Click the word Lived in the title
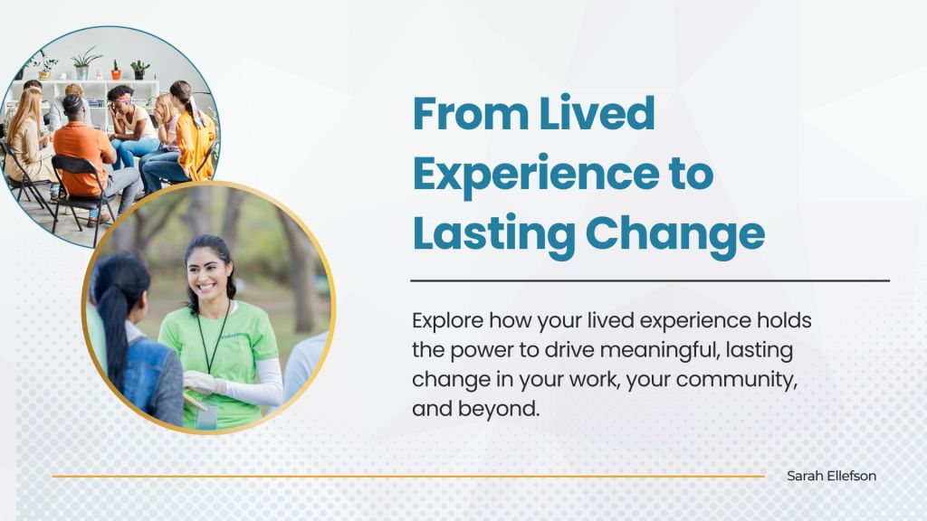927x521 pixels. pos(597,112)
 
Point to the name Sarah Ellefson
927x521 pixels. pos(831,476)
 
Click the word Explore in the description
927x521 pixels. pos(447,321)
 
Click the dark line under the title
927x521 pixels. pos(650,280)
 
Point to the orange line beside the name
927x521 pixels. pos(408,476)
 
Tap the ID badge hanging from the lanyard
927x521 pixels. pos(206,416)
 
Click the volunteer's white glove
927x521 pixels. pos(201,383)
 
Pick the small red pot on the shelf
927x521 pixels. pos(116,72)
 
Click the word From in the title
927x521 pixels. pos(471,113)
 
